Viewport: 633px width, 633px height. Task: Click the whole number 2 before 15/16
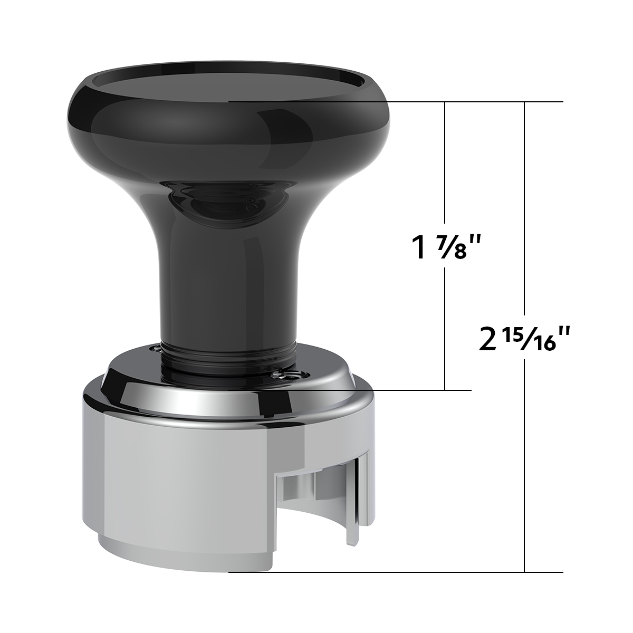[x=488, y=340]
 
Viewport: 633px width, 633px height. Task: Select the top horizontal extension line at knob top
[x=396, y=101]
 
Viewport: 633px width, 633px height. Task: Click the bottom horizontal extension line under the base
[x=396, y=572]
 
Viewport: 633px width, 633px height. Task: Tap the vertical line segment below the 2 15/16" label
[x=525, y=464]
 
